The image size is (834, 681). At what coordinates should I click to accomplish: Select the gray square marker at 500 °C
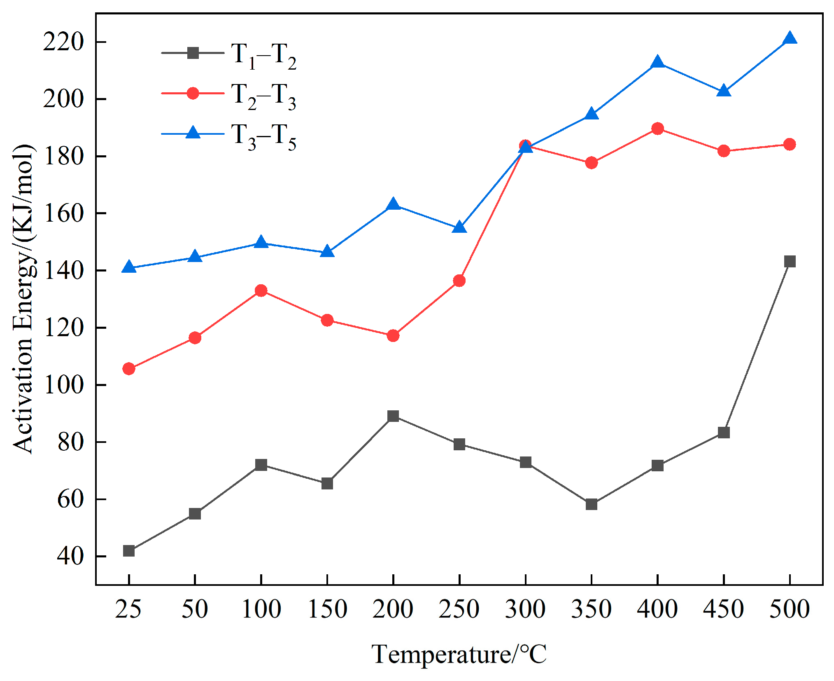[x=789, y=261]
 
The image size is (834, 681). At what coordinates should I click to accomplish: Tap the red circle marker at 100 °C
[x=261, y=290]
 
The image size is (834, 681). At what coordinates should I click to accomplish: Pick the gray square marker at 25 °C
[x=129, y=551]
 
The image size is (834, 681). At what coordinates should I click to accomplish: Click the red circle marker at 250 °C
[x=459, y=281]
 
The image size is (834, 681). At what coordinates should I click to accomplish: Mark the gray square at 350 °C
[x=591, y=504]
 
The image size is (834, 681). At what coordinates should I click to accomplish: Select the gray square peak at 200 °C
[x=393, y=416]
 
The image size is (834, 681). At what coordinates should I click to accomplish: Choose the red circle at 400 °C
[x=657, y=129]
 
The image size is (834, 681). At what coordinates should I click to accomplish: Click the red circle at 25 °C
[x=129, y=369]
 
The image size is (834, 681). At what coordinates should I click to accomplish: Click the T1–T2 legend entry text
[x=263, y=56]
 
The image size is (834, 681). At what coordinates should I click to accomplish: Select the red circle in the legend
[x=193, y=93]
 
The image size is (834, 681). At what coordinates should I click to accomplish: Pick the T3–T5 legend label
[x=263, y=136]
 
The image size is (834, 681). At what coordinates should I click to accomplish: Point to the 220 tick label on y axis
[x=63, y=42]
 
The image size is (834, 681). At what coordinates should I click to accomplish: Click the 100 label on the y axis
[x=63, y=385]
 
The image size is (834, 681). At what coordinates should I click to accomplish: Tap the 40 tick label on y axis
[x=70, y=556]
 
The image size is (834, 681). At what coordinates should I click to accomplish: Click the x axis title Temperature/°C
[x=459, y=654]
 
